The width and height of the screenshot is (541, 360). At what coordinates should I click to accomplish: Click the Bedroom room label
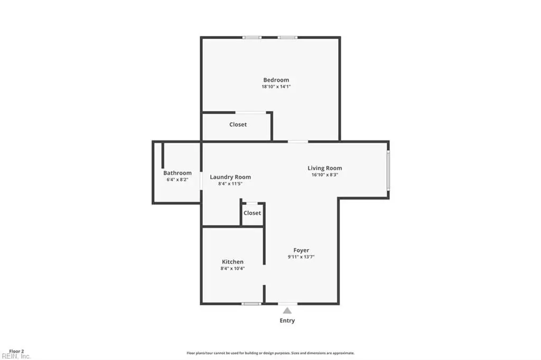pos(276,80)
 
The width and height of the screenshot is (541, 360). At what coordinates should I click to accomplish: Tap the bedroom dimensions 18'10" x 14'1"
pos(276,87)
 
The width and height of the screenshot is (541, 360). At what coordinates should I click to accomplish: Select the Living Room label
pos(325,168)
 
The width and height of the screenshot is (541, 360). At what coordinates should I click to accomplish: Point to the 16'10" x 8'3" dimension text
pos(325,175)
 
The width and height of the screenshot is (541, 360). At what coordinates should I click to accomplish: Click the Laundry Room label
pos(230,177)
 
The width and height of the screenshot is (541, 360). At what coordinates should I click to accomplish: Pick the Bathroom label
pos(178,173)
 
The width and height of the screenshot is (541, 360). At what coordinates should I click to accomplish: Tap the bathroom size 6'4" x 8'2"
pos(178,179)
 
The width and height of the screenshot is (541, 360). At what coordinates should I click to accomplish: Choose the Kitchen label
pos(232,262)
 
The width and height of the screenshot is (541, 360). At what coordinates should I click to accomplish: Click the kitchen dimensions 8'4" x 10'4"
pos(232,269)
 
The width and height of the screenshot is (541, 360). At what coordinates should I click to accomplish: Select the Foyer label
pos(301,250)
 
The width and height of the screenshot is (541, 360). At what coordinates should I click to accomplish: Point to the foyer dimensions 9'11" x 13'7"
pos(301,257)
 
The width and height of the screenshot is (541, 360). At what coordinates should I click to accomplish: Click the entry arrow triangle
pos(287,311)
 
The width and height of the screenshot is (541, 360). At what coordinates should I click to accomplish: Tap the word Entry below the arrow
pos(287,321)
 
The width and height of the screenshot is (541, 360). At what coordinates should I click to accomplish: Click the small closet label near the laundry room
pos(252,213)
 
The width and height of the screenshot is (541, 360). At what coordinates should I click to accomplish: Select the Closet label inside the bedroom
pos(238,125)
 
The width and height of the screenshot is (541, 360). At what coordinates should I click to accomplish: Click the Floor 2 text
pos(16,352)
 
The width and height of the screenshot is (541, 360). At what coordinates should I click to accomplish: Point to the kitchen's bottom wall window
pos(251,304)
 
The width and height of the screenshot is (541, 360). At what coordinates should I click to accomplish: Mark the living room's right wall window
pos(388,170)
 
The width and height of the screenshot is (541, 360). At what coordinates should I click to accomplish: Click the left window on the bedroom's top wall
pos(252,37)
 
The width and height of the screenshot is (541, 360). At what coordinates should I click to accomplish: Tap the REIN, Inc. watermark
pos(16,356)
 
